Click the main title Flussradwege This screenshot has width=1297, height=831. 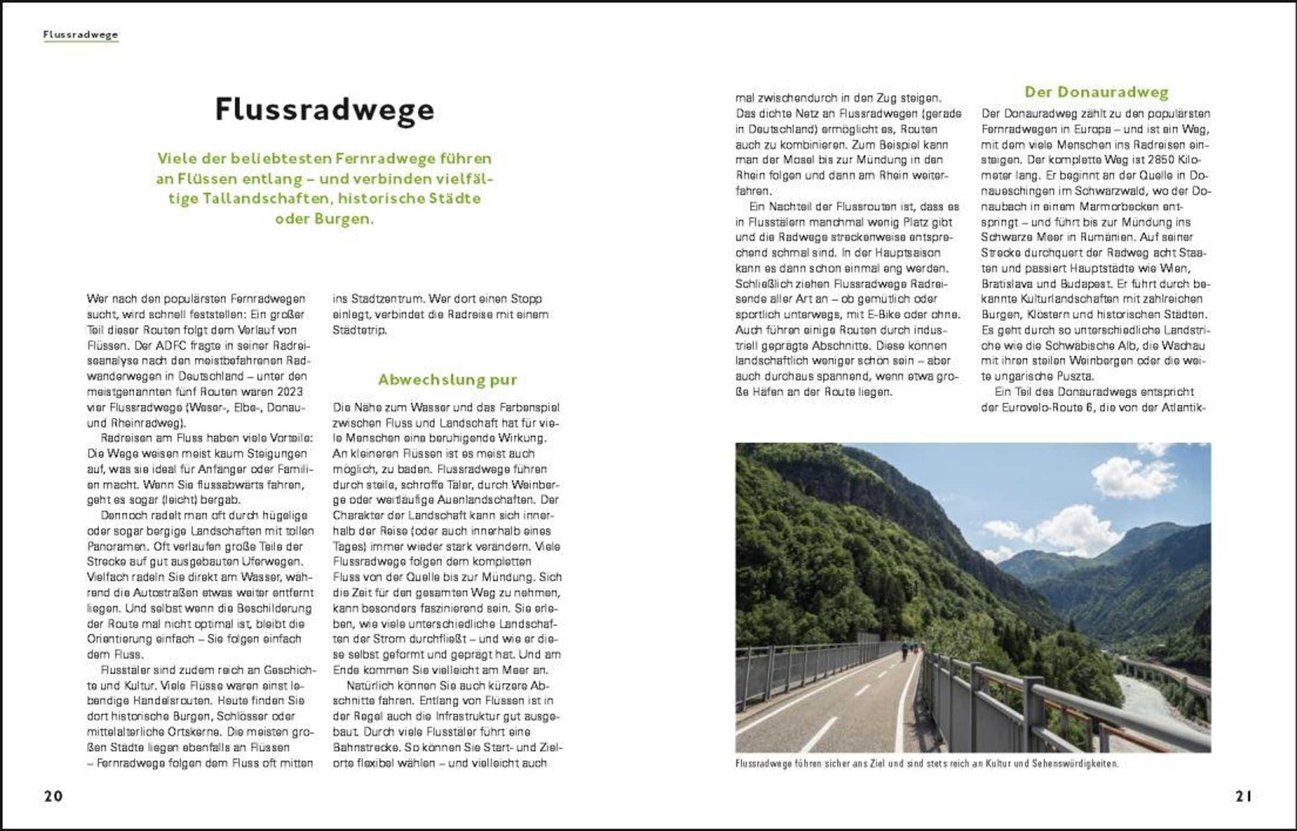click(x=324, y=110)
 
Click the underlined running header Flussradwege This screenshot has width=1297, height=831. click(x=81, y=35)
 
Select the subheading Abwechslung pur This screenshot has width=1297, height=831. click(x=447, y=380)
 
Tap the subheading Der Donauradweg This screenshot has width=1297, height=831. click(x=1097, y=92)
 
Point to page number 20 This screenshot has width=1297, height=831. click(x=54, y=796)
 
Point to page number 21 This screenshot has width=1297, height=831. click(x=1243, y=796)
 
